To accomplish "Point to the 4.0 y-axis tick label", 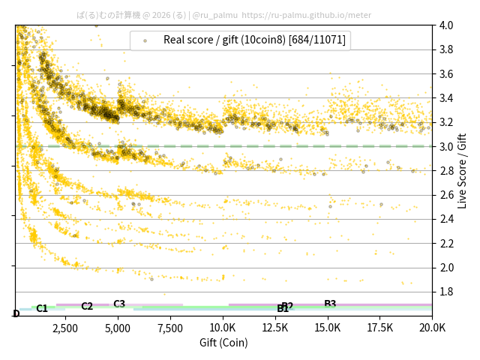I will (445, 25).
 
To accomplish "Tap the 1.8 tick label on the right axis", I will (445, 292).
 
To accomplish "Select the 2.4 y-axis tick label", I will (445, 219).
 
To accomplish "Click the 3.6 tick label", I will (445, 74).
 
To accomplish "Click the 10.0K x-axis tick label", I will (223, 328).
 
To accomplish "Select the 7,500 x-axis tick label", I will (170, 328).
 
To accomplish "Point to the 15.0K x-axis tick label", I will (328, 328).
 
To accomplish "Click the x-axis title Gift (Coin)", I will (223, 343).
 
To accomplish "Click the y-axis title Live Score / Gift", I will (462, 169).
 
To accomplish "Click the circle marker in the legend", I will (145, 40).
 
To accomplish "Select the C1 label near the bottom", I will (42, 308).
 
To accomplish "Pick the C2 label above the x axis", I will (87, 306).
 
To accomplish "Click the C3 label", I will (119, 304).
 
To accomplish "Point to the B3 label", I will (330, 304).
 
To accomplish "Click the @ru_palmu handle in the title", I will (215, 14).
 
